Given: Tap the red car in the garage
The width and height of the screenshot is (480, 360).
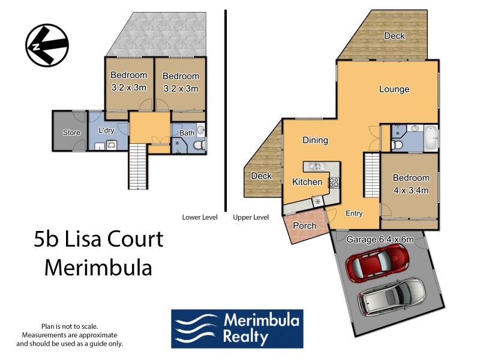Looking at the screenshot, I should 378,265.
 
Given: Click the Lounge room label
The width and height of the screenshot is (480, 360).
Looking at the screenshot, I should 394,89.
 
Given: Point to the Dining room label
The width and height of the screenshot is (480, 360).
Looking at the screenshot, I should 315,140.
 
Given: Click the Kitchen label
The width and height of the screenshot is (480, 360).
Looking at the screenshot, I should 307,182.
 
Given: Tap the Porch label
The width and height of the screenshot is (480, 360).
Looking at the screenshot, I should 304,226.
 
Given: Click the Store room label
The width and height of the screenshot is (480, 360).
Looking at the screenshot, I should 71,133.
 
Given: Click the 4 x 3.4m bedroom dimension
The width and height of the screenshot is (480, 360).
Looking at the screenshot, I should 411,190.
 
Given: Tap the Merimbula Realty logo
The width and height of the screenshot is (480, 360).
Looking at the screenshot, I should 237,329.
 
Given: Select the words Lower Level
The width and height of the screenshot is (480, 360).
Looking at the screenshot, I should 200,217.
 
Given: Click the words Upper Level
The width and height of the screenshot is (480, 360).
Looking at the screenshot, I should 250,217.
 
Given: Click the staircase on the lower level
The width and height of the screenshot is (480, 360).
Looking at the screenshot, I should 137,167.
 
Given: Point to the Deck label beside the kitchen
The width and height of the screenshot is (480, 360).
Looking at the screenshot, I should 261,176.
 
